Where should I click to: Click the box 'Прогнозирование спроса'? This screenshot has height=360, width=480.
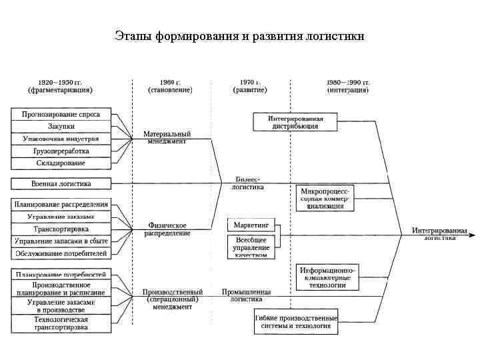[61, 114]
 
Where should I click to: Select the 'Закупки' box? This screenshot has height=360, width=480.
[61, 126]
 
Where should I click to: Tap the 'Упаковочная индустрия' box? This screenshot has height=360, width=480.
[61, 139]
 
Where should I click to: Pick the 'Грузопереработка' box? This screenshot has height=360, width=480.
[61, 151]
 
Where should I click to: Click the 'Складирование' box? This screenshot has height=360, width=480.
[61, 163]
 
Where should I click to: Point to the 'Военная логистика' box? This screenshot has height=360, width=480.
[61, 183]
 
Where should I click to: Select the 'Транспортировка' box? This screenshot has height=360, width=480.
[61, 229]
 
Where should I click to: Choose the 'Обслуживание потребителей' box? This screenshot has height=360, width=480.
[61, 253]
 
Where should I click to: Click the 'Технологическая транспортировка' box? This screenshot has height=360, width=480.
[61, 323]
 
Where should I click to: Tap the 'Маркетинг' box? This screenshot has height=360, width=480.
[252, 225]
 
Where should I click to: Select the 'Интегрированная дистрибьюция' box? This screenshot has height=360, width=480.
[295, 122]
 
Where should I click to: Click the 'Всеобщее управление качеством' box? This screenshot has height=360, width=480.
[252, 247]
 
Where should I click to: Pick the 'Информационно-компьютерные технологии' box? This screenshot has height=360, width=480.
[327, 277]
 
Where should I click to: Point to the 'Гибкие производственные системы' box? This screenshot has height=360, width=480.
[296, 323]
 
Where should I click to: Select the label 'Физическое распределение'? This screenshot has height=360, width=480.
[167, 229]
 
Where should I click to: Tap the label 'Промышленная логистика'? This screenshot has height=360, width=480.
[247, 296]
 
